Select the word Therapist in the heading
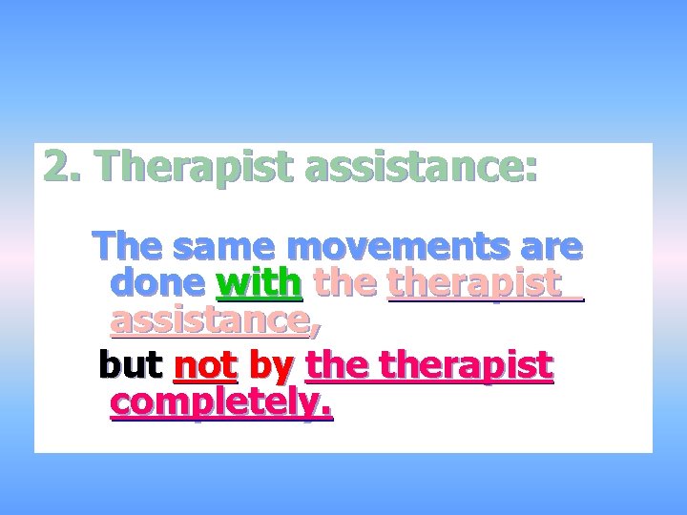[194, 168]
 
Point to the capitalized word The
[129, 247]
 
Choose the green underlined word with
[260, 283]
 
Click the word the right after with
[345, 283]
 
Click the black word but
[132, 364]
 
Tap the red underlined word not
[205, 365]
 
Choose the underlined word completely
[220, 403]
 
